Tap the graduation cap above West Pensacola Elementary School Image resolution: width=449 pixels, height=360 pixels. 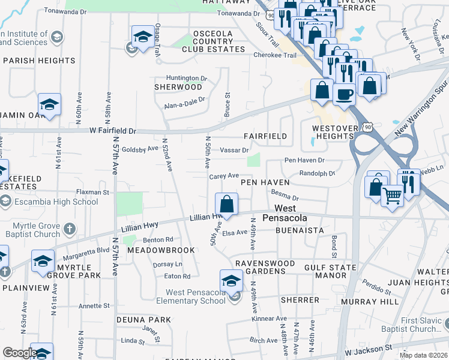(x=231, y=280)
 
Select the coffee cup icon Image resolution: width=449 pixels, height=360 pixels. (x=344, y=94)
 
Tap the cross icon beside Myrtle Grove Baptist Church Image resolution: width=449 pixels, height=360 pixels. (x=70, y=228)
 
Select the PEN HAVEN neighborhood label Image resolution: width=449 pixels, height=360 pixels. (x=265, y=182)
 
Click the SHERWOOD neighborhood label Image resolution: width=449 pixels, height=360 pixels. (x=178, y=87)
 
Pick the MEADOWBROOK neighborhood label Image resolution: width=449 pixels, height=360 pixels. (x=160, y=250)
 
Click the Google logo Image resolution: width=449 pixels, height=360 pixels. (x=19, y=353)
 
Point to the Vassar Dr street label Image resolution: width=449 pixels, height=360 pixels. (x=234, y=150)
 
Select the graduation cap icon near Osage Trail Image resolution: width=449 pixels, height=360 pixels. (x=143, y=37)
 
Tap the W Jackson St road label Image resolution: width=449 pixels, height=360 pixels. (x=367, y=347)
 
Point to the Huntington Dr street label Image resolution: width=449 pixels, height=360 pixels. (x=186, y=78)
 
